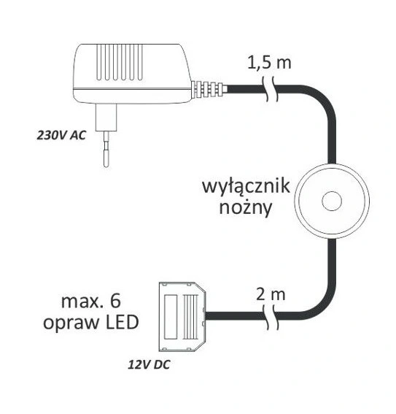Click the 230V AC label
pyautogui.click(x=61, y=136)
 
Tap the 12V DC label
pyautogui.click(x=150, y=364)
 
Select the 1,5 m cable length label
pyautogui.click(x=269, y=63)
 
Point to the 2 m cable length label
pyautogui.click(x=271, y=294)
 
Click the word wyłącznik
pyautogui.click(x=246, y=187)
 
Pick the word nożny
pyautogui.click(x=246, y=208)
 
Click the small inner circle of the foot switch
pyautogui.click(x=332, y=201)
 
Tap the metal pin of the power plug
pyautogui.click(x=106, y=149)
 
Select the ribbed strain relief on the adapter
pyautogui.click(x=209, y=89)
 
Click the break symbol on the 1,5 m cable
pyautogui.click(x=271, y=89)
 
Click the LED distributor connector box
pyautogui.click(x=182, y=317)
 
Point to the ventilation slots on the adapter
pyautogui.click(x=120, y=62)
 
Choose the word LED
pyautogui.click(x=122, y=323)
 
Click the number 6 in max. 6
pyautogui.click(x=115, y=302)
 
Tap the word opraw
pyautogui.click(x=71, y=324)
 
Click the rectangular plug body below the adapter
pyautogui.click(x=106, y=118)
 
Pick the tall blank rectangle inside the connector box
pyautogui.click(x=171, y=317)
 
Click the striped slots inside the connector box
pyautogui.click(x=190, y=317)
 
